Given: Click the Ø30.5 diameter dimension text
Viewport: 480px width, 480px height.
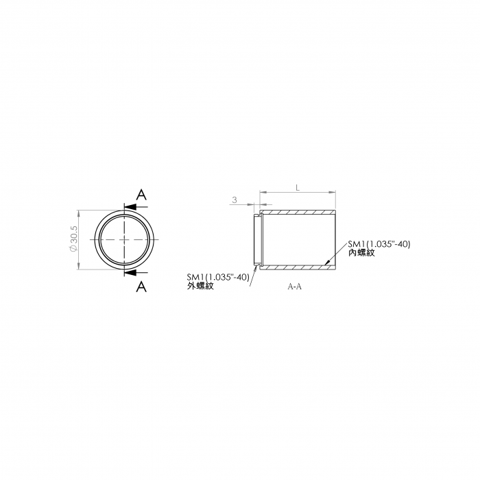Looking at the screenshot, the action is [74, 239].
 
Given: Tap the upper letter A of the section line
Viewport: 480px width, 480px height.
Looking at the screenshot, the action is [141, 194].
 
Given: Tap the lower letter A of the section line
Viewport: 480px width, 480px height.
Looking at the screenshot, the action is [141, 287].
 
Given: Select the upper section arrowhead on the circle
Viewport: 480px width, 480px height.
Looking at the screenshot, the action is [130, 207].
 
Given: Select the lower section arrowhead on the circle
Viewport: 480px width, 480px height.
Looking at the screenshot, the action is [130, 272].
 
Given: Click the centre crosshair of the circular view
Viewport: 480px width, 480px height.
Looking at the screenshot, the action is [124, 239].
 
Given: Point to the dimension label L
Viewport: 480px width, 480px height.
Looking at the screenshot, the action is [298, 187].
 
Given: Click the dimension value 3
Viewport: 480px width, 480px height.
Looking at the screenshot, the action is [235, 200].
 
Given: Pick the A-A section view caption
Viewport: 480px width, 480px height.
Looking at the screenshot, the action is [294, 287].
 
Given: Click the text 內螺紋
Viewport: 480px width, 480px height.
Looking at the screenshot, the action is [361, 253].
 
